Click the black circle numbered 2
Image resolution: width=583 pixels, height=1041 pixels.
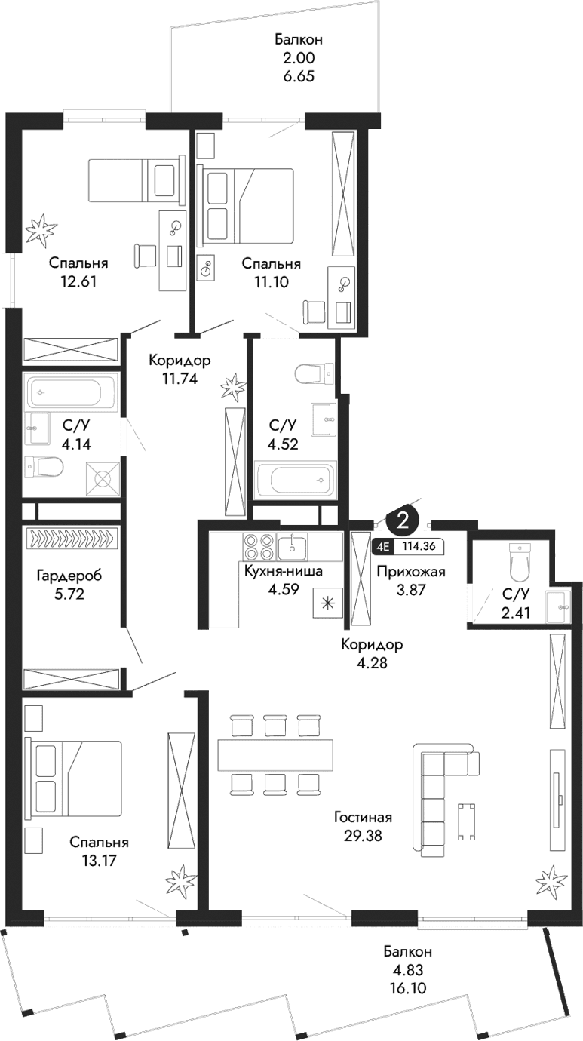pos(403,520)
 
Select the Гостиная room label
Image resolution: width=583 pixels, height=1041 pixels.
pos(364,817)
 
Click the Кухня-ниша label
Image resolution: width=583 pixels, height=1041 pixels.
pos(283,571)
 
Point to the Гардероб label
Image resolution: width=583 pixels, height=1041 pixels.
pos(69,576)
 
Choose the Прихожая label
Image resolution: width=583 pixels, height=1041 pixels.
pos(410,571)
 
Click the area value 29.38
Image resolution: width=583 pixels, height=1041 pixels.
pos(364,834)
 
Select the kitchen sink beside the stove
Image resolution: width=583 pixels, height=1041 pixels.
pos(290,545)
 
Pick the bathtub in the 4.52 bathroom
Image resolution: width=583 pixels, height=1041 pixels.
pos(295,481)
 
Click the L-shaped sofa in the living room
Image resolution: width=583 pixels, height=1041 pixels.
pos(436,800)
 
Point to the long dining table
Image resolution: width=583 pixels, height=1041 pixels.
pos(275,754)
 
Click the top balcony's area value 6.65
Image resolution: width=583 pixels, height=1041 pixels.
pos(293,76)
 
